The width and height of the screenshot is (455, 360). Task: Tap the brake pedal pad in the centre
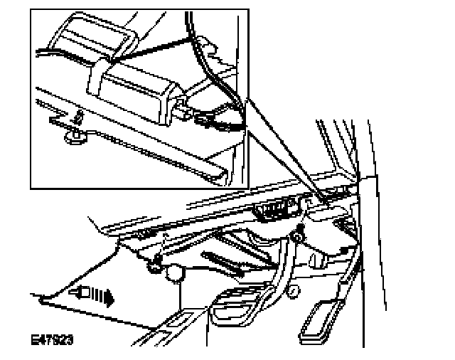point(230,311)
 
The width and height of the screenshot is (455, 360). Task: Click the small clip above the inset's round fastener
point(79,115)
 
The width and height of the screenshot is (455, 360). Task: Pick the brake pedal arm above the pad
point(274,274)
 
